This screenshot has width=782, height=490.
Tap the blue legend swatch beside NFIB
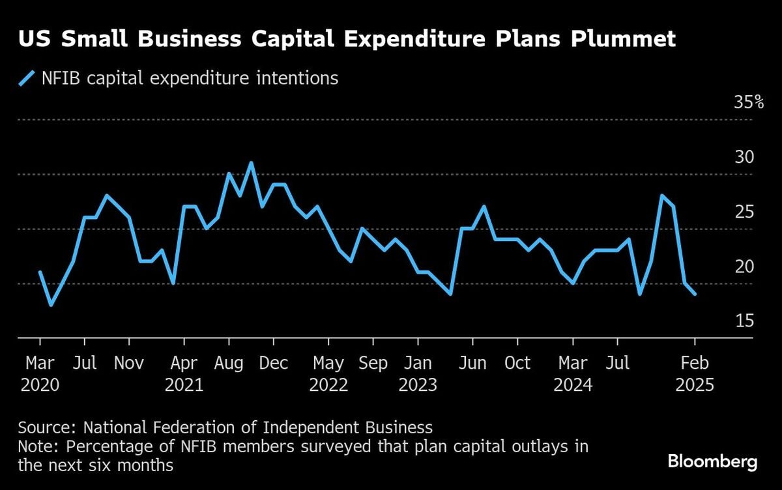27,79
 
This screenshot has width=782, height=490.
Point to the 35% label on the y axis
748,102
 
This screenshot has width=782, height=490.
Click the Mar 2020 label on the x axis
40,373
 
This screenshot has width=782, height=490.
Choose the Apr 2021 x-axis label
184,373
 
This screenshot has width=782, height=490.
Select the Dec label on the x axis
274,363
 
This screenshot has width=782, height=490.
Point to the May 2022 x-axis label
328,373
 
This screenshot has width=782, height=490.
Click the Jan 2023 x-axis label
418,373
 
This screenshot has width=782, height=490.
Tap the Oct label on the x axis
518,363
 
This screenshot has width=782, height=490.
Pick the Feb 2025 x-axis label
695,373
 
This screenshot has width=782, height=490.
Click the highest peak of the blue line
251,163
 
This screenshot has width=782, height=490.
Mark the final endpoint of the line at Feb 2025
695,294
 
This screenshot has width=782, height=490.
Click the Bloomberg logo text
712,462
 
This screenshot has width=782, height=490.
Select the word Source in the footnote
41,428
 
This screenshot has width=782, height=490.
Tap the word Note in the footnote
35,447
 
